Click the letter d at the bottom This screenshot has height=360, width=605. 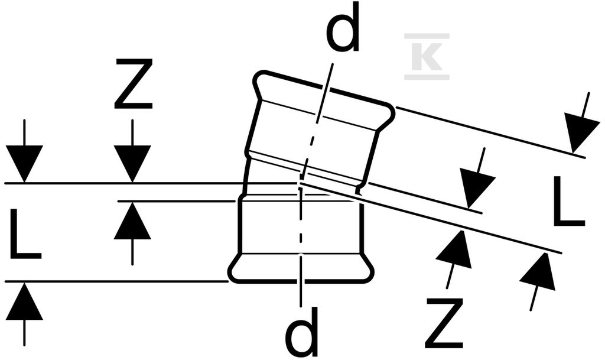(x=301, y=332)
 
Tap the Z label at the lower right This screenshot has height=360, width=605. (x=444, y=323)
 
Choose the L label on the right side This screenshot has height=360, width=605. (x=569, y=201)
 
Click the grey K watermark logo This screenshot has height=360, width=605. (x=427, y=56)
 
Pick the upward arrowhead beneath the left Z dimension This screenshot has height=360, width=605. (x=132, y=220)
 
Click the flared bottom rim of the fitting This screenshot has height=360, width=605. (x=301, y=268)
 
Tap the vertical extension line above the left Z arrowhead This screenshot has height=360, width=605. (x=132, y=132)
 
